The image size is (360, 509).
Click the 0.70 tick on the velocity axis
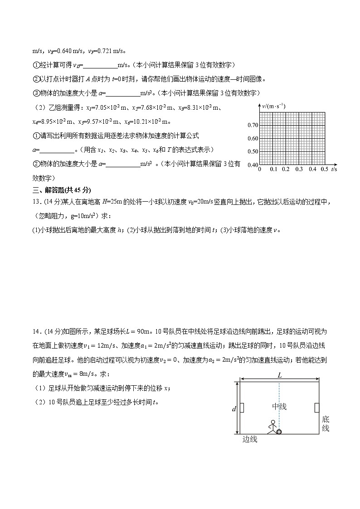252,125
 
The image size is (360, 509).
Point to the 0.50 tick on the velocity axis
252,151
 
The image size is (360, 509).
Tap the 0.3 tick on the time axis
299,169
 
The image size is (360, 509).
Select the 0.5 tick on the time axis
325,169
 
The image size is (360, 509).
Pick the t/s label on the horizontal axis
335,169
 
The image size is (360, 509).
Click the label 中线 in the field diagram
279,407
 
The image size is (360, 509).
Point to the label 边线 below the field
250,439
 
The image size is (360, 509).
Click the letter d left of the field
234,409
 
